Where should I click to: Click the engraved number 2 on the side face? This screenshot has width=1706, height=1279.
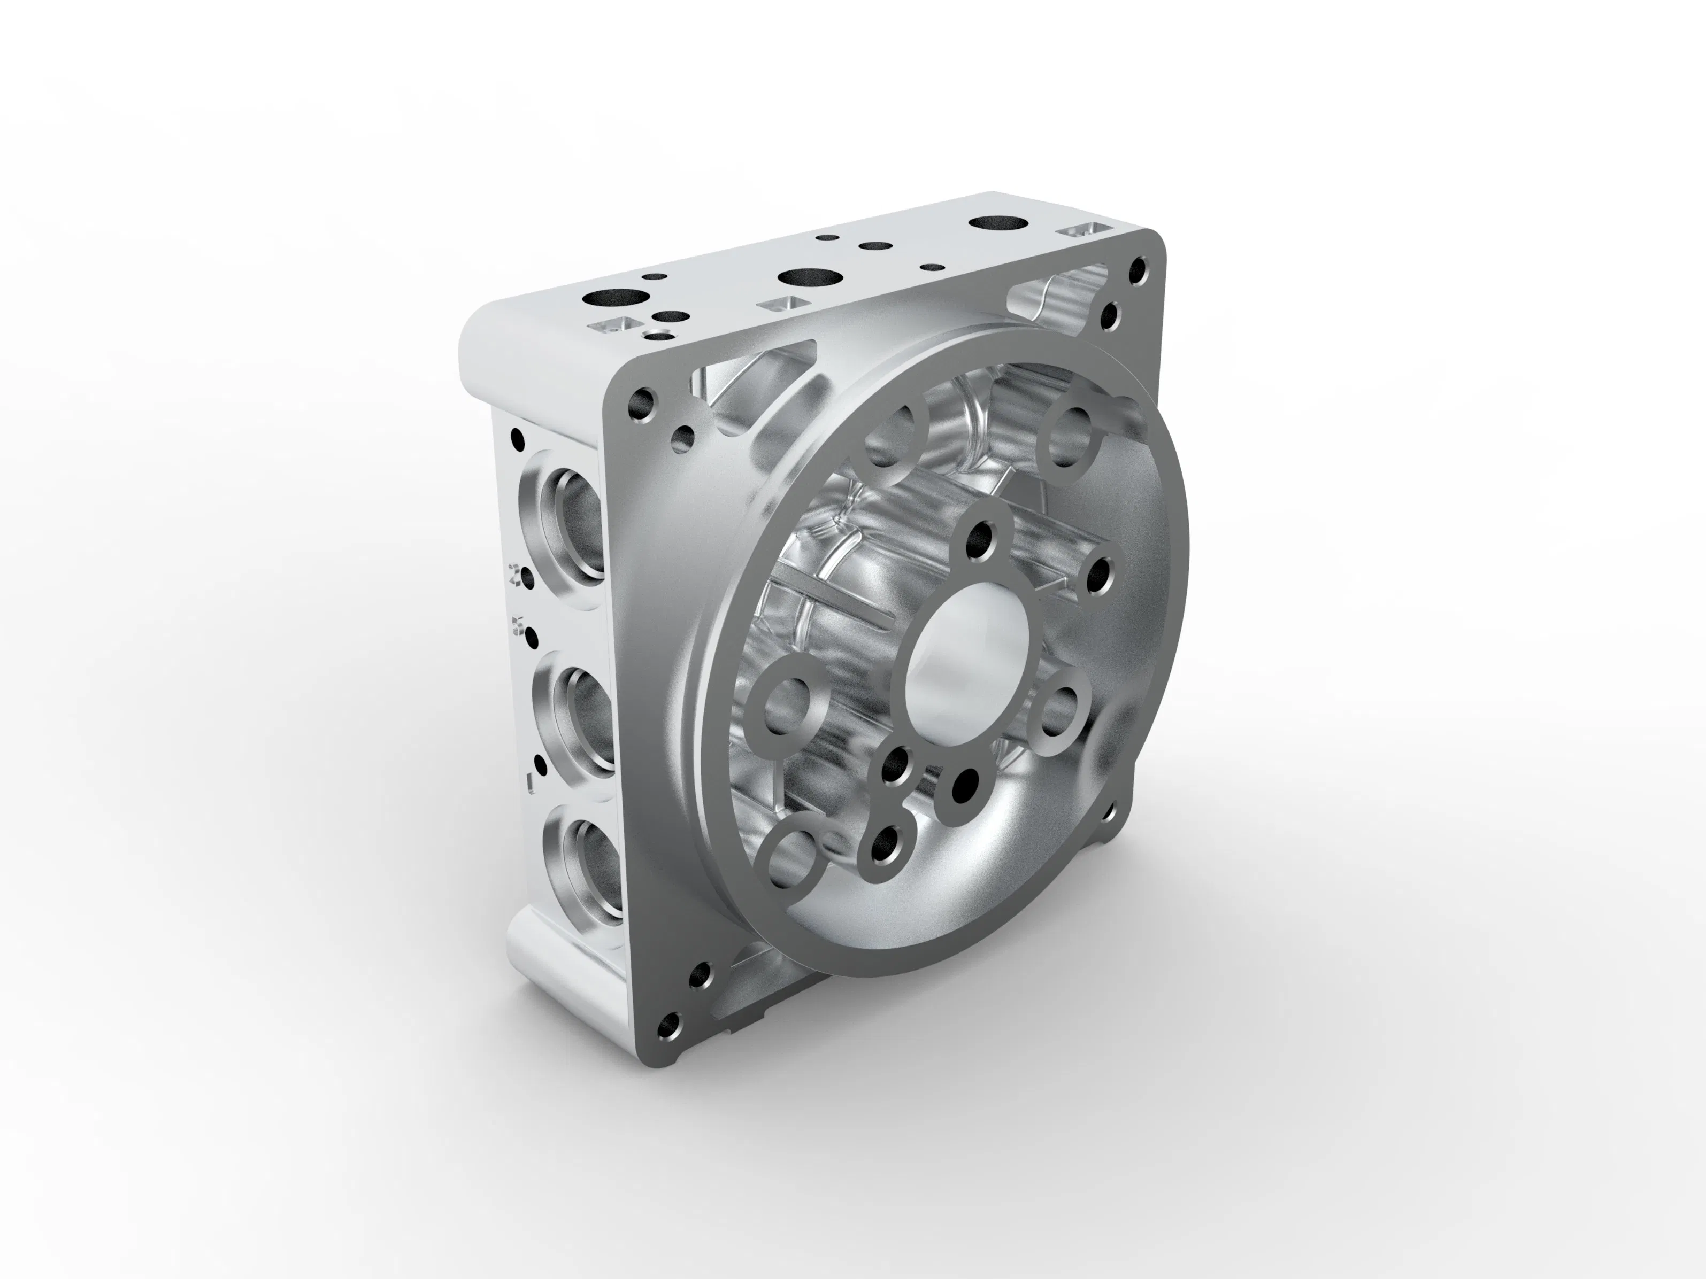click(515, 575)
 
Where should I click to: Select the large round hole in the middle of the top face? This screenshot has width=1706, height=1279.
click(808, 276)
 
